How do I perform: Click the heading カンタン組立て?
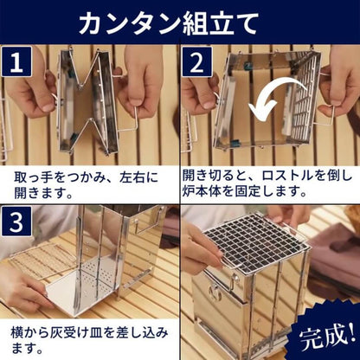coord(180,22)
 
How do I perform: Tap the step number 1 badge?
coord(16,62)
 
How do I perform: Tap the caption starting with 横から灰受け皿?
coord(87,337)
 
